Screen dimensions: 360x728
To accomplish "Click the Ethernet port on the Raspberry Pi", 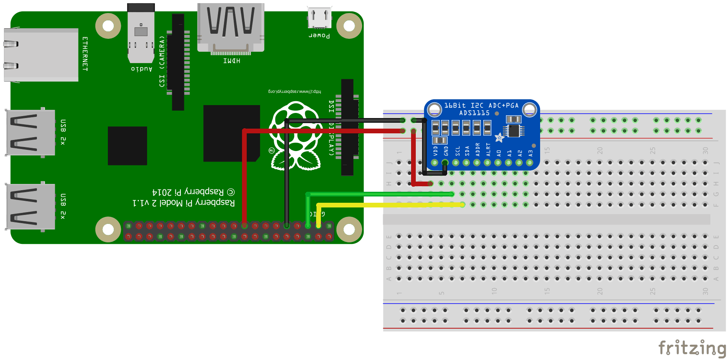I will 41,55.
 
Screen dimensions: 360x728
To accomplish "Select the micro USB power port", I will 320,18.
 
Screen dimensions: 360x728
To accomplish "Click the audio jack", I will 141,33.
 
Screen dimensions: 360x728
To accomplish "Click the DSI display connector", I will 348,127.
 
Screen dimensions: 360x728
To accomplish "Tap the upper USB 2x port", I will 31,133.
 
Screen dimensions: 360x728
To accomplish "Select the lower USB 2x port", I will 31,207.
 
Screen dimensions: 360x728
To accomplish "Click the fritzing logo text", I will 692,348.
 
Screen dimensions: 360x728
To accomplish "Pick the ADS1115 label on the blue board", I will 474,113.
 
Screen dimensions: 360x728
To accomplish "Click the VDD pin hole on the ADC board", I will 435,162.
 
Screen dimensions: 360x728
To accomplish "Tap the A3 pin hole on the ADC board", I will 530,162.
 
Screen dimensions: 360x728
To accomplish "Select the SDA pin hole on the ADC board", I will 466,162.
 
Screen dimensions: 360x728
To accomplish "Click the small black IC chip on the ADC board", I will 513,131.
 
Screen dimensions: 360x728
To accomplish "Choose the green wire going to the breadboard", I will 380,194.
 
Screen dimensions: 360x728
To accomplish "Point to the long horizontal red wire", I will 322,131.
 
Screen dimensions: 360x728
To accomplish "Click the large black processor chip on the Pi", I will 231,133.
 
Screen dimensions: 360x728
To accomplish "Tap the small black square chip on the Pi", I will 127,145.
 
